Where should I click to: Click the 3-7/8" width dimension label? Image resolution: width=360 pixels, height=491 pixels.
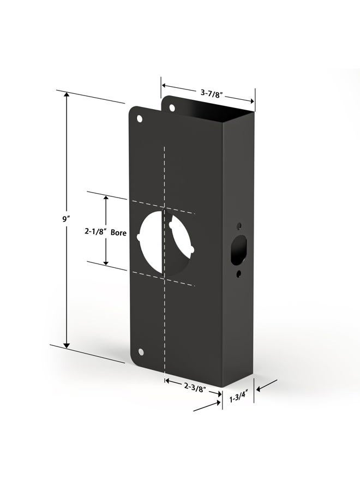pos(211,93)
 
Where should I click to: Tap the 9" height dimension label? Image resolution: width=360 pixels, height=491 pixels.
pos(65,219)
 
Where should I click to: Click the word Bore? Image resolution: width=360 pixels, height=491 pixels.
pos(119,232)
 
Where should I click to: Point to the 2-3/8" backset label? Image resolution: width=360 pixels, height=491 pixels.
pos(195,388)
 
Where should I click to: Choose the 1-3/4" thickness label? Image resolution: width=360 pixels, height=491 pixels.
pos(239,399)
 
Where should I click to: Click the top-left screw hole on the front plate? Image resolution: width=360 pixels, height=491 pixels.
pos(139,119)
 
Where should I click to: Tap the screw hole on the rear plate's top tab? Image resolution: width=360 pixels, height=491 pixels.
pos(172,108)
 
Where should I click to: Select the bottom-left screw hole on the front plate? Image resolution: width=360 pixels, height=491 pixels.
pos(141,352)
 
